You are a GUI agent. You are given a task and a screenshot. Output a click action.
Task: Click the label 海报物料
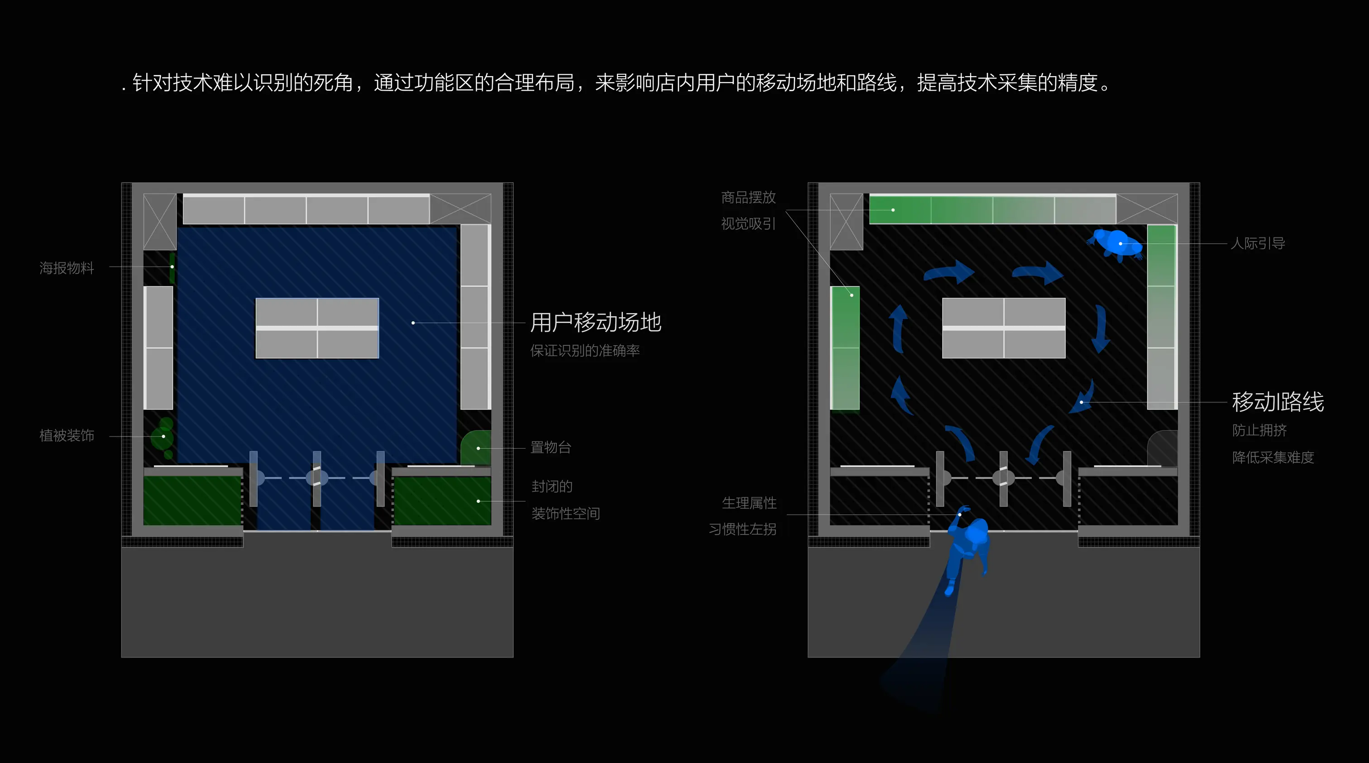click(x=67, y=268)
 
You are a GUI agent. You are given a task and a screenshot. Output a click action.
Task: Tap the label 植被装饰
click(x=67, y=436)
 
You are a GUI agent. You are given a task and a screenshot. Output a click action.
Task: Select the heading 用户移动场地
click(x=595, y=322)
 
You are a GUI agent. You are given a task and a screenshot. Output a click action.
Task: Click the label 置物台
click(x=550, y=448)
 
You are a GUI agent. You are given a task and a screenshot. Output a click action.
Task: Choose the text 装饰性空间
click(x=565, y=514)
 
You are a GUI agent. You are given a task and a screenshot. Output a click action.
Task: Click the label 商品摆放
click(x=748, y=198)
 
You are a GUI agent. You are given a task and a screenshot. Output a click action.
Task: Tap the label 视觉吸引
click(x=748, y=224)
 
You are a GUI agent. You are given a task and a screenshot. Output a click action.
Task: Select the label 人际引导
click(x=1257, y=243)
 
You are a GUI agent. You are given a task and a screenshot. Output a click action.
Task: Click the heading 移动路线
click(x=1278, y=402)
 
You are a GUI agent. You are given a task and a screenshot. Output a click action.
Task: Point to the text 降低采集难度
click(x=1273, y=457)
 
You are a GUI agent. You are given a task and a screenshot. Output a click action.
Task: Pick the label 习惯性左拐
click(x=742, y=530)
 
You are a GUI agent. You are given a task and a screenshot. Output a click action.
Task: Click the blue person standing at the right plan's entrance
click(x=968, y=548)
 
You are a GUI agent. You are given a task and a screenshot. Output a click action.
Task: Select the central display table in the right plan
click(x=1003, y=328)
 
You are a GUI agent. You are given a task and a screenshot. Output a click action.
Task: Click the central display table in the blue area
click(x=317, y=328)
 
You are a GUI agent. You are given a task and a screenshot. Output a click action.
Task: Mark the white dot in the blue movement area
click(x=413, y=323)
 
